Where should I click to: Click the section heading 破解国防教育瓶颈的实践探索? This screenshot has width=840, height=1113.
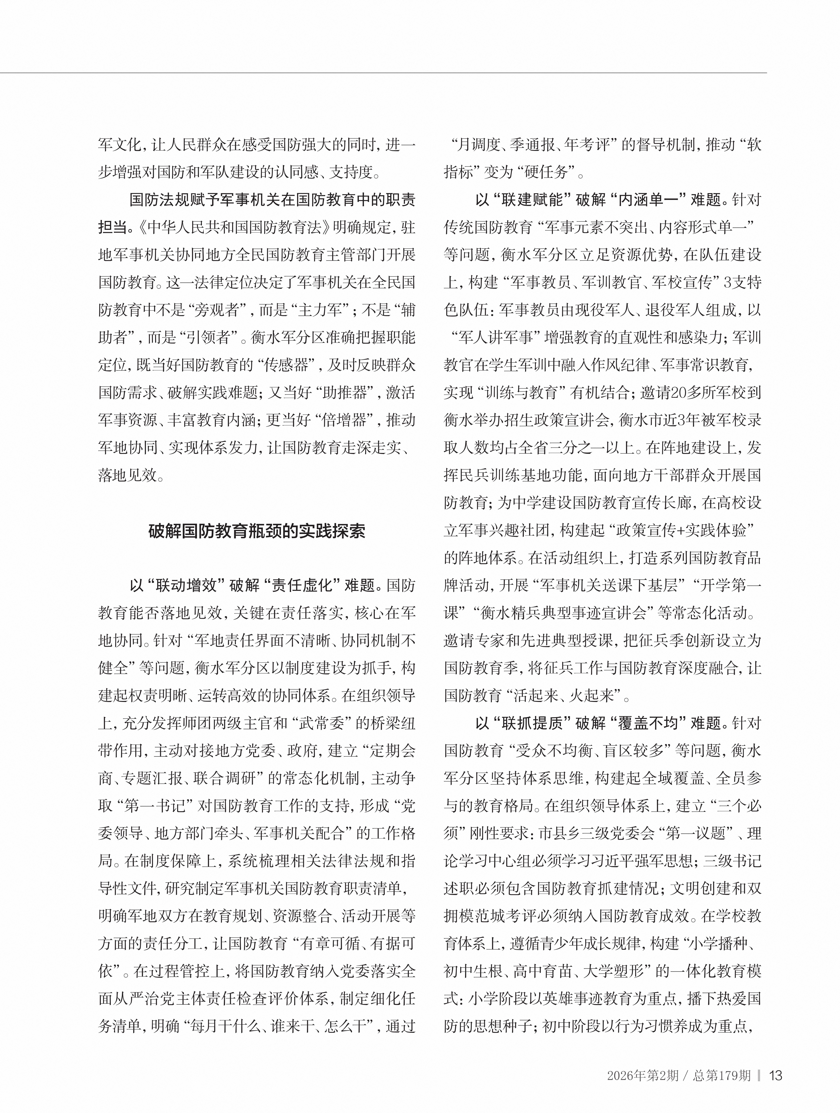pos(257,531)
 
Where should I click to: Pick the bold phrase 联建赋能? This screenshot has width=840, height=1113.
pos(532,200)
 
